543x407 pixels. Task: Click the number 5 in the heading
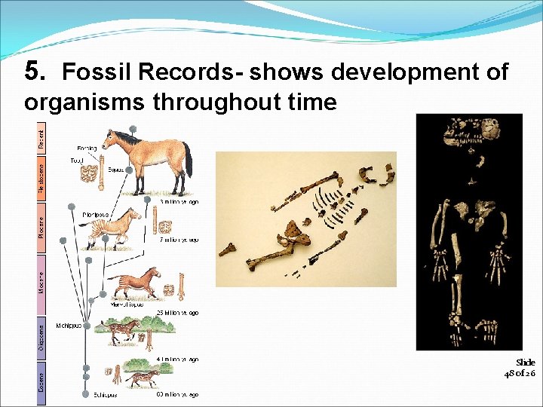tap(31, 71)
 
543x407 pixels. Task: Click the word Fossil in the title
tap(90, 72)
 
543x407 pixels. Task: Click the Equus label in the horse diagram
tap(116, 170)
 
